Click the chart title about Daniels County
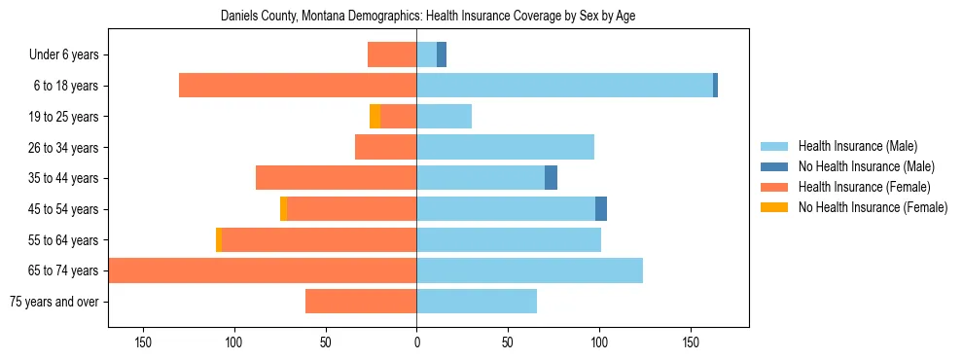coord(428,17)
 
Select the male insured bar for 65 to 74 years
coord(529,270)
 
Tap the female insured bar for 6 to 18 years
coord(298,86)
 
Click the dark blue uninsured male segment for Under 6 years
coord(442,55)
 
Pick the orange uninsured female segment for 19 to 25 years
coord(374,117)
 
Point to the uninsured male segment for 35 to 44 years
coord(551,178)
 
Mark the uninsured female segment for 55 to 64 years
coord(219,239)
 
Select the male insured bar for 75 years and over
coord(477,302)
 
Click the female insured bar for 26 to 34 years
coord(385,148)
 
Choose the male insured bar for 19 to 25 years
coord(445,117)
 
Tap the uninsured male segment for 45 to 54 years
coord(601,209)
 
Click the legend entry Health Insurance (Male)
coord(856,146)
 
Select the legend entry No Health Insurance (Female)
coord(872,207)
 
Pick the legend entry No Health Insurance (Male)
coord(865,166)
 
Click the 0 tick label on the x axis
coord(416,342)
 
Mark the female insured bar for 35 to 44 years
coord(336,178)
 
